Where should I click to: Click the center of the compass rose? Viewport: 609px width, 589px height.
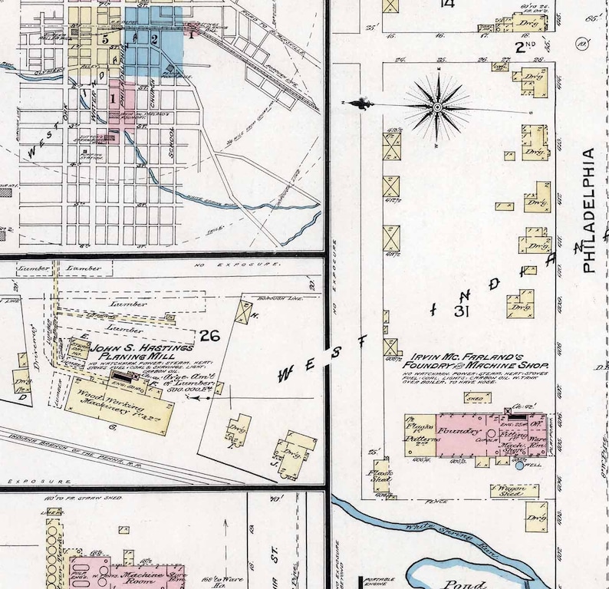(437, 107)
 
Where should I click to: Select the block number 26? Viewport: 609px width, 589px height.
(210, 335)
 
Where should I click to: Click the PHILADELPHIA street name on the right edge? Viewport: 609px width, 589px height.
(588, 211)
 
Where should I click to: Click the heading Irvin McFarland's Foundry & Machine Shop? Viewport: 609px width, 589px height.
(472, 361)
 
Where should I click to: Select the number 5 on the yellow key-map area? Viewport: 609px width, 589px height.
(104, 38)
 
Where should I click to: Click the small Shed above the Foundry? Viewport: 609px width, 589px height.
(477, 398)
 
